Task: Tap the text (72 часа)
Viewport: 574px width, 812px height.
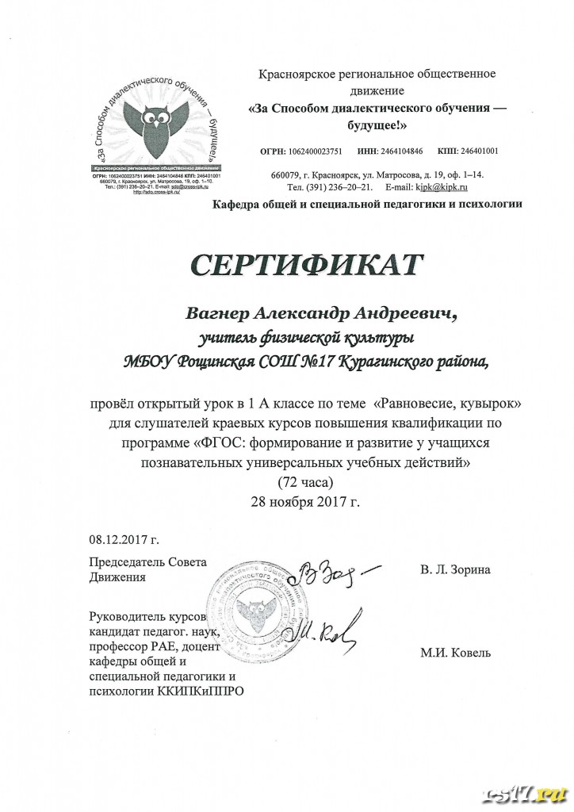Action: [300, 482]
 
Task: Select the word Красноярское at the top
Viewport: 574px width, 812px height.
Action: [296, 74]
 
